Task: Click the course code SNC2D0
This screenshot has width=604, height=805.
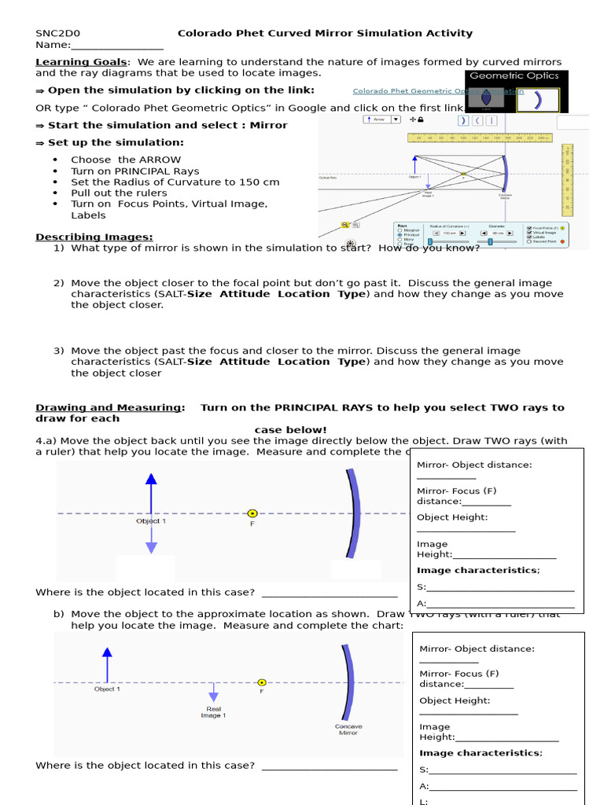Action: (58, 34)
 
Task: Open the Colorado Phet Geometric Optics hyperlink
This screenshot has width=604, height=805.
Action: (409, 91)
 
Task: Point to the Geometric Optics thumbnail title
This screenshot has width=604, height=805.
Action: (514, 76)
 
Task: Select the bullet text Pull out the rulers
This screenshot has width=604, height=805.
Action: (119, 193)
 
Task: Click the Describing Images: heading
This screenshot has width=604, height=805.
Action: (94, 237)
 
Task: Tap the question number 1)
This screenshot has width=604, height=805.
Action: (59, 248)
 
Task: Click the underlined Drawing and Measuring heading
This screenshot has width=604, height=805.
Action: (109, 408)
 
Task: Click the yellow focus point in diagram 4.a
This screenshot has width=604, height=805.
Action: (252, 513)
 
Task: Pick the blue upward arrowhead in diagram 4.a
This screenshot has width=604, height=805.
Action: (152, 479)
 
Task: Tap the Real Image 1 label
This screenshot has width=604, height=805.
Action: (213, 712)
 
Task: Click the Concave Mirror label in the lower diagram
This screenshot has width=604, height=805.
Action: (349, 730)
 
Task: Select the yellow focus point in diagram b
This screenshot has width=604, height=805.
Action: (262, 682)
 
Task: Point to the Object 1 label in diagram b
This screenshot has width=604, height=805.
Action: (107, 689)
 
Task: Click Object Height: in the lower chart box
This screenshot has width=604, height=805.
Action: (455, 700)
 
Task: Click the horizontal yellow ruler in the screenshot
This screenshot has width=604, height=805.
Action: (480, 138)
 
